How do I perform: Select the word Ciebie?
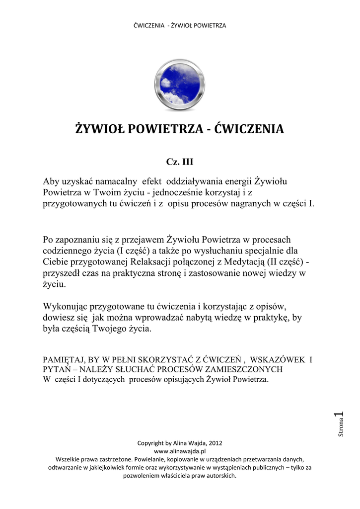[56, 262]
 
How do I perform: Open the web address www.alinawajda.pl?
[180, 450]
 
